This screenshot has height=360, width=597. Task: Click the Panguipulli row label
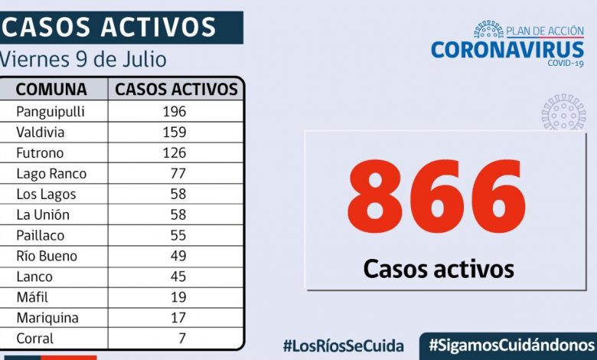tap(50, 111)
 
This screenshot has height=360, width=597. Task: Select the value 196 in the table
tap(174, 111)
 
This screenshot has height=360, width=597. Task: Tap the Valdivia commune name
tap(41, 132)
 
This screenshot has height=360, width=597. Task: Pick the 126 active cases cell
tap(174, 152)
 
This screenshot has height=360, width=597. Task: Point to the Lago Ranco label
tap(51, 173)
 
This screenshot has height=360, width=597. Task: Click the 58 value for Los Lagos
tap(178, 194)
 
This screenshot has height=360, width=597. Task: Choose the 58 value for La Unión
tap(178, 214)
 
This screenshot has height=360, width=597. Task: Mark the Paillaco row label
tap(41, 235)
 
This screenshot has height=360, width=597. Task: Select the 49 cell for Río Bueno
tap(178, 256)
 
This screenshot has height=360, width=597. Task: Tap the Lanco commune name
tap(34, 277)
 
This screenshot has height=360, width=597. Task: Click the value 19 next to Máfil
tap(178, 297)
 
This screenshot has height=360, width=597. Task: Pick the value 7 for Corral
tap(181, 338)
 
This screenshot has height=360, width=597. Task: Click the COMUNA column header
tap(51, 89)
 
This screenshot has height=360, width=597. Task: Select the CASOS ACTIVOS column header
tap(176, 89)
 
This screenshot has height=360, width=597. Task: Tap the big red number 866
tap(436, 197)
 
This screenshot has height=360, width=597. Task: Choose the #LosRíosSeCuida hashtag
tap(343, 345)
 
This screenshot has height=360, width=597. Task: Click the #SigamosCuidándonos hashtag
tap(511, 345)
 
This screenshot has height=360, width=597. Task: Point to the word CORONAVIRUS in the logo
tap(507, 50)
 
